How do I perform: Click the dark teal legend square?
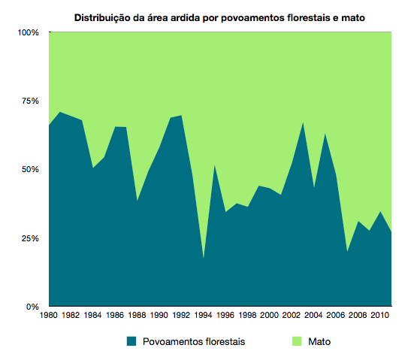tap(131, 341)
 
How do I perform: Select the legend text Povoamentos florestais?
tap(192, 341)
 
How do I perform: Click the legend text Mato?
tap(319, 341)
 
